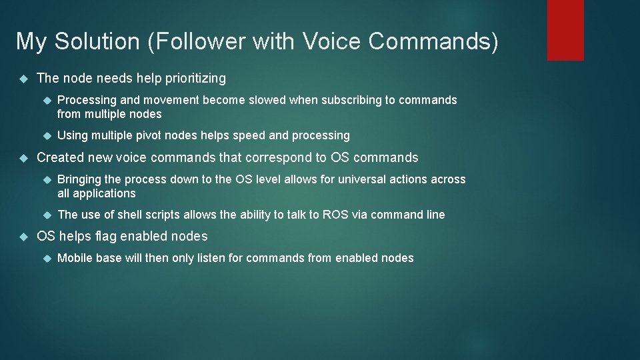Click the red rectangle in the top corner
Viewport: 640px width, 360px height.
(x=565, y=29)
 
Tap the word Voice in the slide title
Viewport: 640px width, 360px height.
(x=333, y=41)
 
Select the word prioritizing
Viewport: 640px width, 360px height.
(x=194, y=79)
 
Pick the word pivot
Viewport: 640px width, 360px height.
(x=147, y=136)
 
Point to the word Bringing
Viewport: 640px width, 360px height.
(x=80, y=179)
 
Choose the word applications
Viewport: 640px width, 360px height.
(x=104, y=194)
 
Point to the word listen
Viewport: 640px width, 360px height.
(x=211, y=258)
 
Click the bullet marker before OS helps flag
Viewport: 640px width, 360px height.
(x=22, y=237)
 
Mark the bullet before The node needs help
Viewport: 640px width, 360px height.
(x=22, y=79)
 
